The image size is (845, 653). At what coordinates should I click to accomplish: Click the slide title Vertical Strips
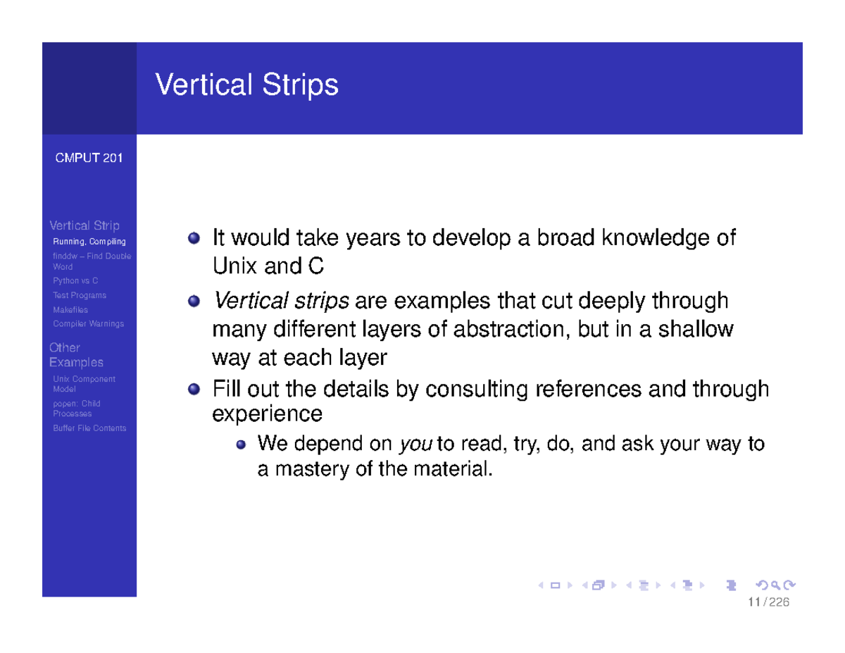(x=246, y=85)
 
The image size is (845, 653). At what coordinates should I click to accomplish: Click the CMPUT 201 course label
(x=89, y=158)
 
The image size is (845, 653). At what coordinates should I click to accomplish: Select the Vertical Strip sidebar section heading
(x=84, y=225)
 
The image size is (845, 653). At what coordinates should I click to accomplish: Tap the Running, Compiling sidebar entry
(x=89, y=242)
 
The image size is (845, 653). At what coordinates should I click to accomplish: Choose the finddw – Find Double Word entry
(x=92, y=261)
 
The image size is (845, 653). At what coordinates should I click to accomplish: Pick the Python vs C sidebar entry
(x=75, y=281)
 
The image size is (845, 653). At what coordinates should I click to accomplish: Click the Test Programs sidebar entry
(x=80, y=295)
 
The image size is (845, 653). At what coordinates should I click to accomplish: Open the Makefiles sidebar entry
(x=70, y=310)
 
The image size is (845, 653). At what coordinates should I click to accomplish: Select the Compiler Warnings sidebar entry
(x=88, y=324)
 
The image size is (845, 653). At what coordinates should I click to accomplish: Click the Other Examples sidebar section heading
(x=75, y=355)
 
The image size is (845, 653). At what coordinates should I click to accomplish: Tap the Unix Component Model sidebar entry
(x=84, y=384)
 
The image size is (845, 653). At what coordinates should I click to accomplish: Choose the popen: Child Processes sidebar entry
(x=77, y=409)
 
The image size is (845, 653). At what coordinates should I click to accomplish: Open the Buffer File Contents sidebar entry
(x=89, y=428)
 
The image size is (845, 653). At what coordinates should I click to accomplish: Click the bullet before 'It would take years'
(x=194, y=239)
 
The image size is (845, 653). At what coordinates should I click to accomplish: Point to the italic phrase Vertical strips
(x=281, y=301)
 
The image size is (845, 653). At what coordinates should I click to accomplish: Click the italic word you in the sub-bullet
(x=411, y=444)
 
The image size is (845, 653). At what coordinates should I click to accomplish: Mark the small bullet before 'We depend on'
(x=241, y=445)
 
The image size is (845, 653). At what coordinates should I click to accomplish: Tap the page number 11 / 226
(x=769, y=602)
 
